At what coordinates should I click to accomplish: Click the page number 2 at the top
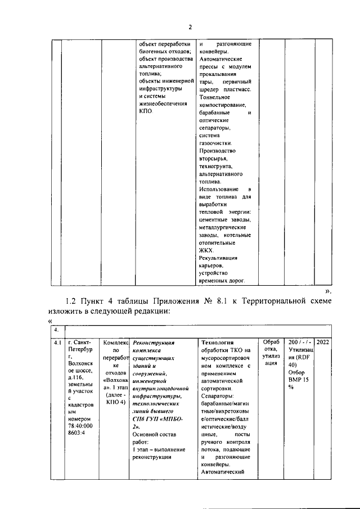[x=190, y=28]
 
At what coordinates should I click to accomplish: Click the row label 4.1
[x=57, y=342]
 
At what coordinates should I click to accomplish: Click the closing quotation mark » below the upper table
[x=327, y=291]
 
